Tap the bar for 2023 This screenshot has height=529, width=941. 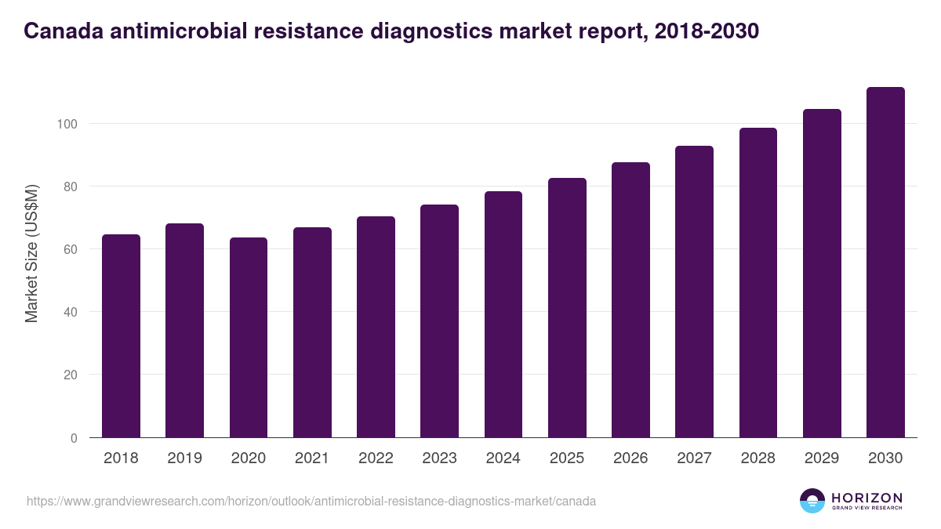coord(439,321)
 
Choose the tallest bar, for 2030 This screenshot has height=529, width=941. coord(885,262)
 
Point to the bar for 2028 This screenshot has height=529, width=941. coord(758,282)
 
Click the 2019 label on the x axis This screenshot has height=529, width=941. coord(184,458)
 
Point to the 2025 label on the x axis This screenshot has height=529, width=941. coord(567,458)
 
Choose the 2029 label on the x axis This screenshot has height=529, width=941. coord(822,458)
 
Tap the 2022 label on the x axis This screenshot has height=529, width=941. coord(376,458)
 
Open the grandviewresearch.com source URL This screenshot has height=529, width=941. coord(311,501)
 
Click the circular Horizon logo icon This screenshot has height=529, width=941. coord(812,501)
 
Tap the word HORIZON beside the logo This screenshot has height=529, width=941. coord(867,497)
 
